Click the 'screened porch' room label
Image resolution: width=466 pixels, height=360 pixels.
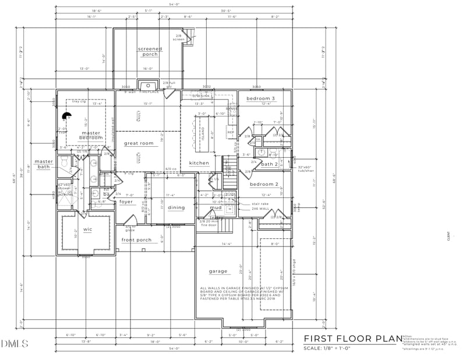(x=150, y=51)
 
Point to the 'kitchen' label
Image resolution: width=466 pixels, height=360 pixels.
(x=199, y=163)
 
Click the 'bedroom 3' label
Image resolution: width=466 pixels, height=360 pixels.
(x=260, y=98)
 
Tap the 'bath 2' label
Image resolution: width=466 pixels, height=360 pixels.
(x=270, y=164)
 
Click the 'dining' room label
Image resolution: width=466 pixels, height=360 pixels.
(x=176, y=207)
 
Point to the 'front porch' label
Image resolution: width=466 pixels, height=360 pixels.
(x=136, y=240)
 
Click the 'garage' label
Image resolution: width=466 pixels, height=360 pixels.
(x=218, y=271)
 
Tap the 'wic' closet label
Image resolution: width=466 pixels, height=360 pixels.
(x=88, y=230)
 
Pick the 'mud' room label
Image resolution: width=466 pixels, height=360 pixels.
(x=216, y=207)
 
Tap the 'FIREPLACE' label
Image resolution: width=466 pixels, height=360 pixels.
(x=149, y=91)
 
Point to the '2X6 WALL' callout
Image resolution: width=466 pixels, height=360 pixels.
(x=260, y=208)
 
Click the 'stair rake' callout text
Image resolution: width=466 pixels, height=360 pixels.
(x=260, y=203)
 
